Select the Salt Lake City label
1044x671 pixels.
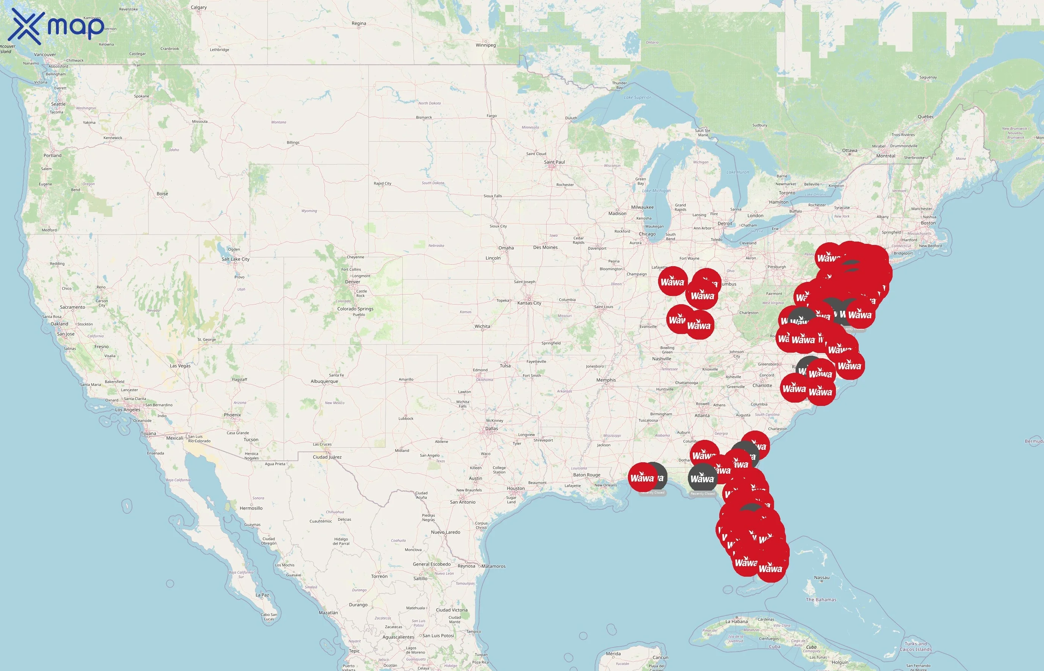(235, 259)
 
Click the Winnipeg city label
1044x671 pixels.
(485, 45)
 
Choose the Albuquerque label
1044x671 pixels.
(324, 381)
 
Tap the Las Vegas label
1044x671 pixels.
(180, 366)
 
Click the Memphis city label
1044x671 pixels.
(606, 380)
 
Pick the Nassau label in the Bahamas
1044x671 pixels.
(821, 578)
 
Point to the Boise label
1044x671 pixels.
(162, 193)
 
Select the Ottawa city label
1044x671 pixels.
(849, 150)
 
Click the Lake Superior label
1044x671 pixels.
(637, 98)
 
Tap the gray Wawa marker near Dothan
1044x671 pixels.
(702, 478)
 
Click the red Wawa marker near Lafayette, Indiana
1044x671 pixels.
(672, 281)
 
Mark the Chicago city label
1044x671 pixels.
(647, 234)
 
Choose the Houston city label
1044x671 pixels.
(516, 488)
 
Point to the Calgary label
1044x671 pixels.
(199, 7)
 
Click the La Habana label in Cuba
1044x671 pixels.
(736, 621)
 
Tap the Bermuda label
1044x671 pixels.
(1034, 441)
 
